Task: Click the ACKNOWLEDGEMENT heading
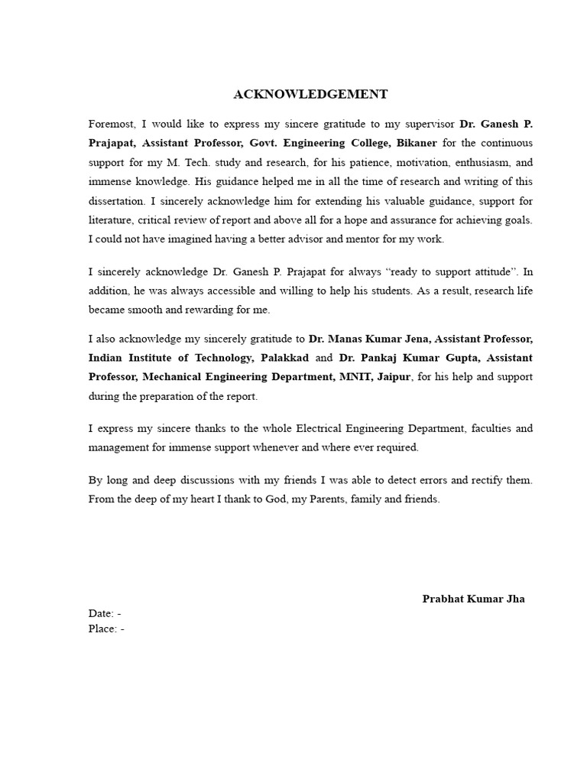click(x=310, y=95)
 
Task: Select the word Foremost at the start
click(x=111, y=123)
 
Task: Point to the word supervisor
click(x=430, y=123)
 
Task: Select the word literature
click(x=112, y=220)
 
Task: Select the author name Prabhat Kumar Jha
click(x=473, y=599)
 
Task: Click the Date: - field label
click(x=105, y=613)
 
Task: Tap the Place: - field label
click(x=106, y=629)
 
